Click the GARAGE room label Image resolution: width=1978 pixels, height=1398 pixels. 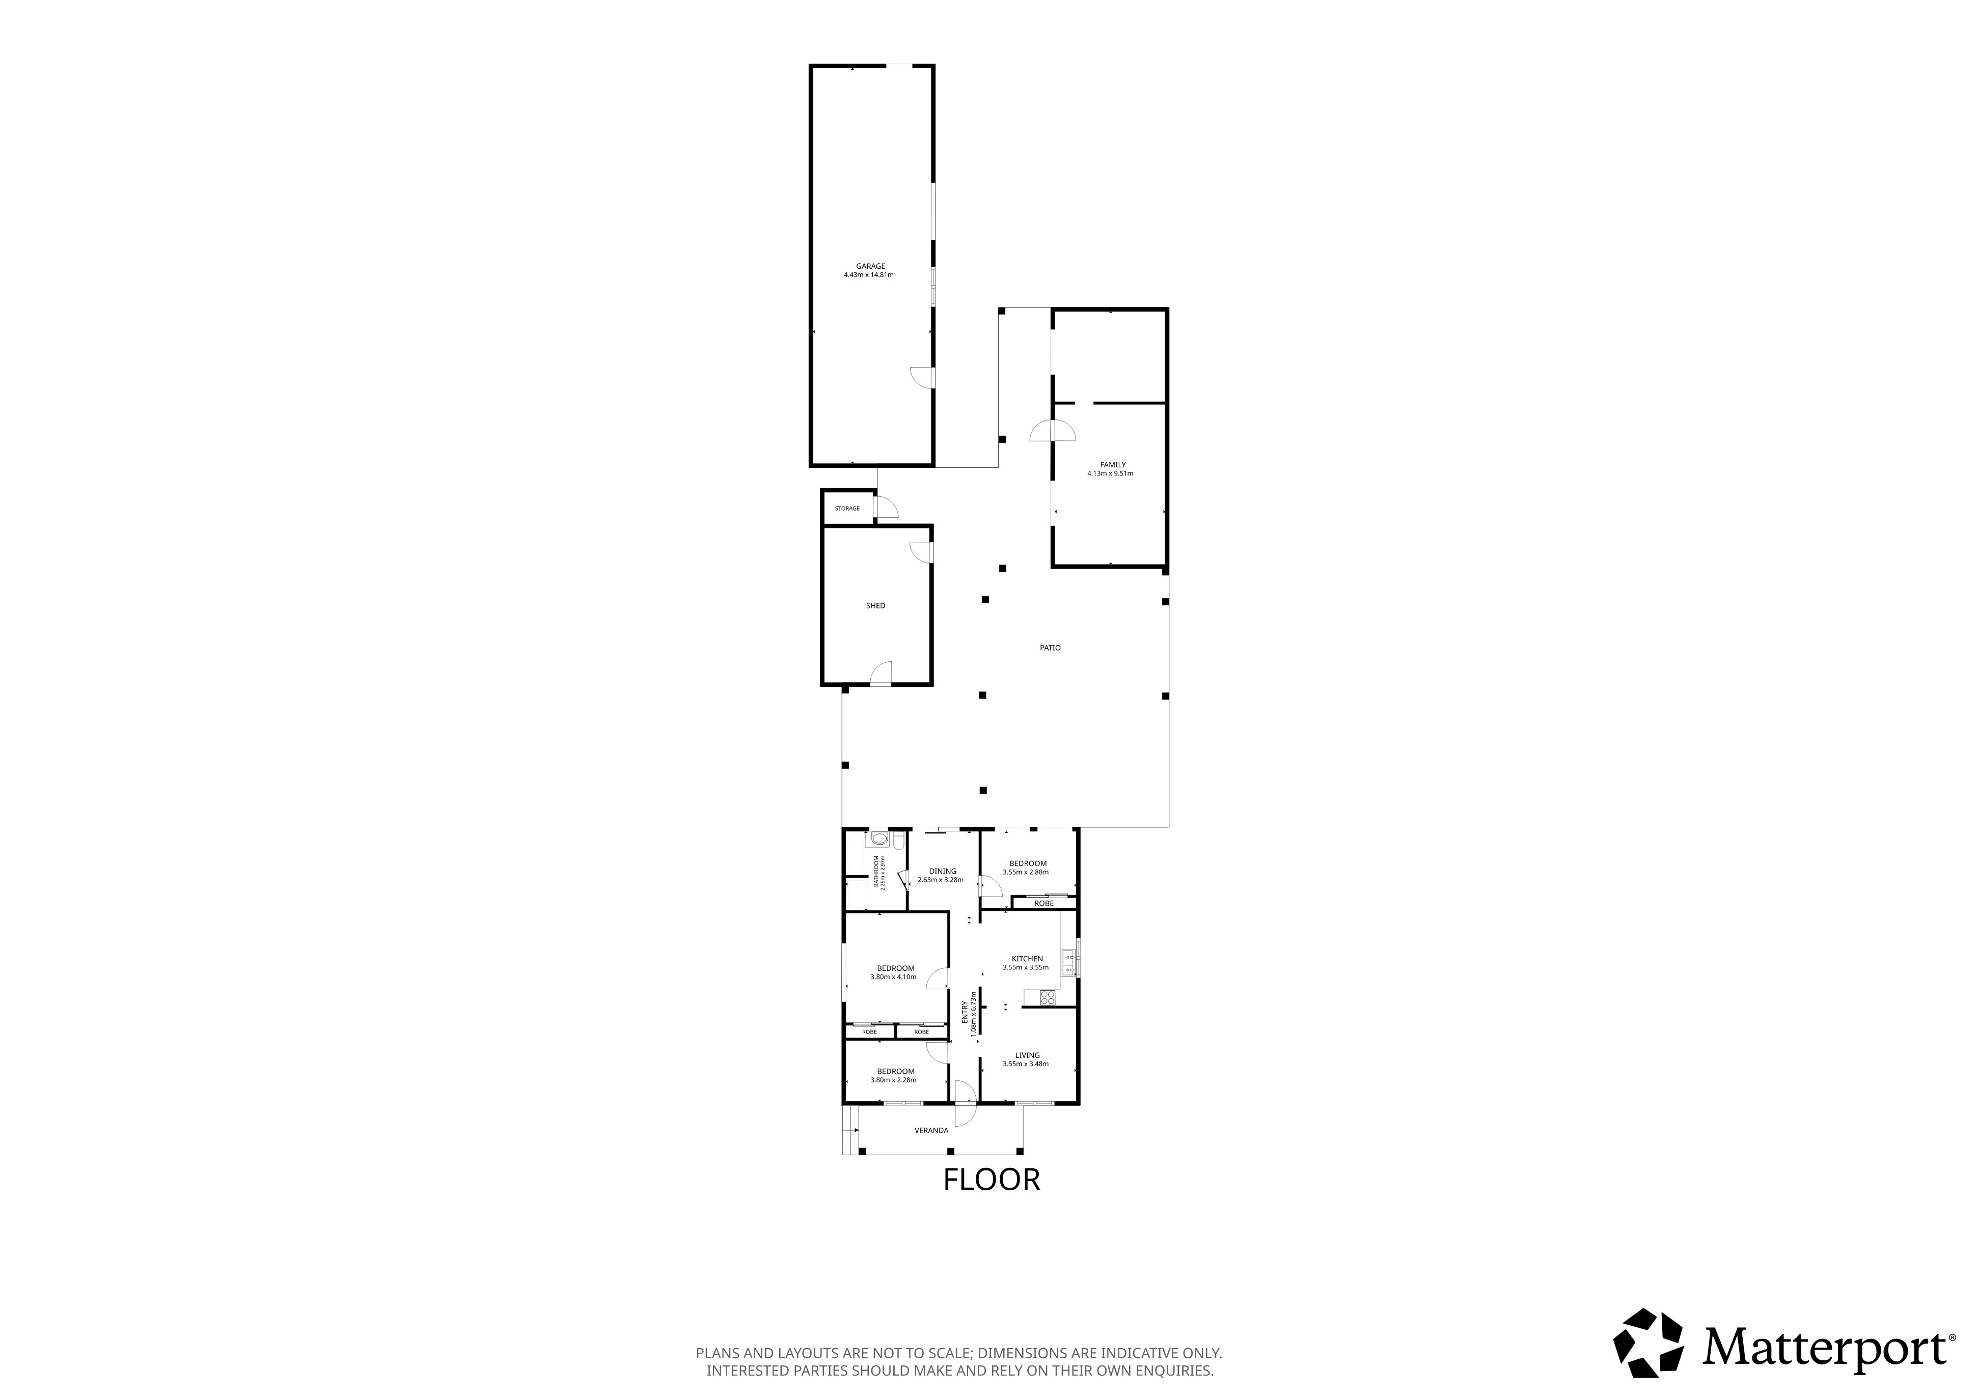[x=870, y=266]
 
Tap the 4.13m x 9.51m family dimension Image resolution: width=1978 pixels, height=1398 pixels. [x=1111, y=473]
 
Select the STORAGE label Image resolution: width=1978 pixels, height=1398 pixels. [x=847, y=508]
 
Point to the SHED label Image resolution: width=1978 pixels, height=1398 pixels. [x=875, y=605]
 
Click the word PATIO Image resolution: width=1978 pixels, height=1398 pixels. [x=1050, y=647]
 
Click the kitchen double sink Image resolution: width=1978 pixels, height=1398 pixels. [x=1069, y=962]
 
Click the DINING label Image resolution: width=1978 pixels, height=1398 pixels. [x=943, y=871]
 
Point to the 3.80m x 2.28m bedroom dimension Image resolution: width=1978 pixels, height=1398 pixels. [x=893, y=1079]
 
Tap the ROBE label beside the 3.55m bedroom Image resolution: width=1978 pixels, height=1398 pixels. [x=1044, y=904]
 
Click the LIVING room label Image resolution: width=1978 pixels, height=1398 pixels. [x=1027, y=1055]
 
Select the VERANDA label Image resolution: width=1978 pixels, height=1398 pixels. [x=931, y=1130]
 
